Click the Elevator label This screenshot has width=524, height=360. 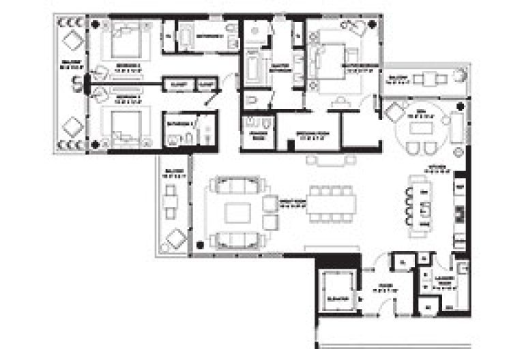click(336, 299)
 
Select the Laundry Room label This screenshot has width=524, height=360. click(447, 282)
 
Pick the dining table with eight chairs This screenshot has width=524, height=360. click(326, 202)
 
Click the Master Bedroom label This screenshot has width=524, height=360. click(360, 66)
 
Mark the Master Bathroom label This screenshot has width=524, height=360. click(278, 68)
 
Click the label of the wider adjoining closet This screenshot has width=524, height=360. click(179, 85)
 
